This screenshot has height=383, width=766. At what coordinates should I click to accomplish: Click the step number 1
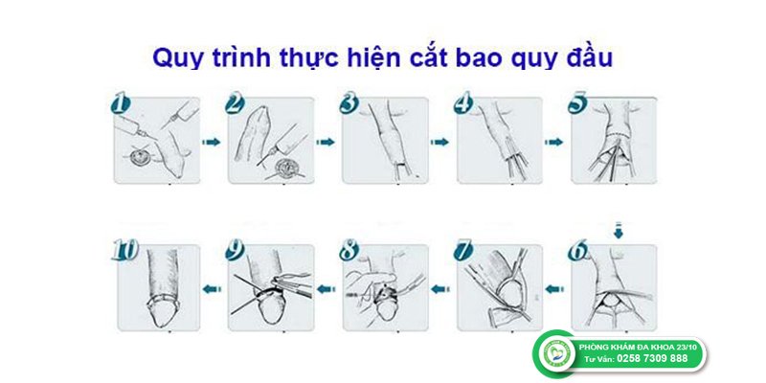(x=121, y=104)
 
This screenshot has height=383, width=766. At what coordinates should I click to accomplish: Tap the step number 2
(x=235, y=104)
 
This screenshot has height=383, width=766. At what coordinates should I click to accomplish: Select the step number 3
(x=349, y=104)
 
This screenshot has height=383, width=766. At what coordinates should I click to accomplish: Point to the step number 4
(x=463, y=104)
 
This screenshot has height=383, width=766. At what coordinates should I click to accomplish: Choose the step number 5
(x=577, y=104)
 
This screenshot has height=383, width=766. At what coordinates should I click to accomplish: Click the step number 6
(x=577, y=251)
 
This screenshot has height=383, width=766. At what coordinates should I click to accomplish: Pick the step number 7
(x=463, y=251)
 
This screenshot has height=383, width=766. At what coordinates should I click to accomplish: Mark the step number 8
(x=349, y=251)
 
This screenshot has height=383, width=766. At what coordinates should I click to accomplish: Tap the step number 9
(x=235, y=251)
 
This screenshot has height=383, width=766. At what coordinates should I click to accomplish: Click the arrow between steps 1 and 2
(x=211, y=142)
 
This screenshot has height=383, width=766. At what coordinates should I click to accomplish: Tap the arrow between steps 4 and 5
(x=553, y=142)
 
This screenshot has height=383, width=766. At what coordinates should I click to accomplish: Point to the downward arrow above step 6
(x=619, y=230)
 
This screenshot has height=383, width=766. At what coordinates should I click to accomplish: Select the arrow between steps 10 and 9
(x=212, y=289)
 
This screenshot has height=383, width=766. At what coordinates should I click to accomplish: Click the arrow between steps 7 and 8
(x=440, y=289)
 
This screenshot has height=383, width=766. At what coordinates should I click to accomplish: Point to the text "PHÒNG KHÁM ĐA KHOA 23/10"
(x=638, y=347)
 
